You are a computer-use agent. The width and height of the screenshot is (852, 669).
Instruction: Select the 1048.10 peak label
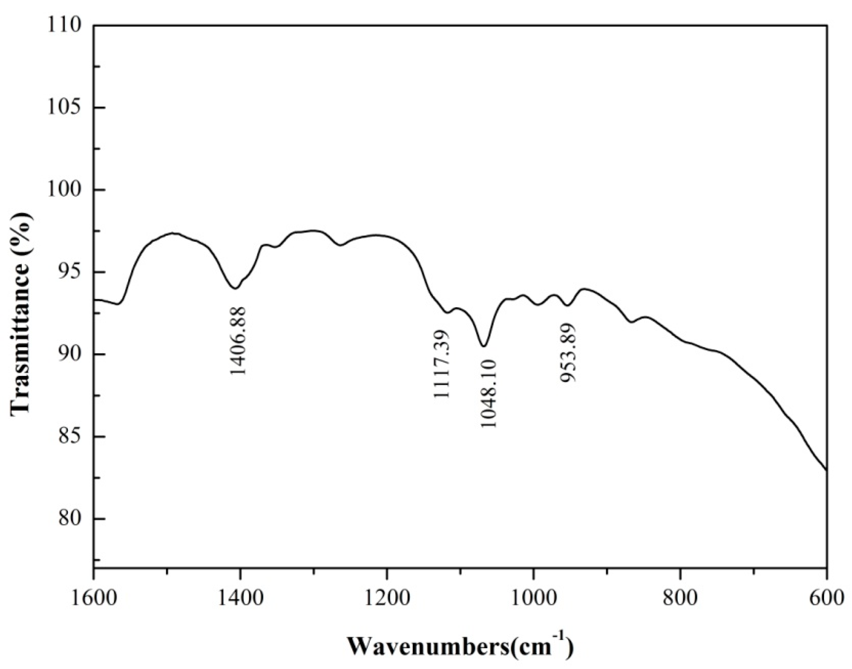487,393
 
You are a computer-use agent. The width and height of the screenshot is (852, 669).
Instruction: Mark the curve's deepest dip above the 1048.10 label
483,346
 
